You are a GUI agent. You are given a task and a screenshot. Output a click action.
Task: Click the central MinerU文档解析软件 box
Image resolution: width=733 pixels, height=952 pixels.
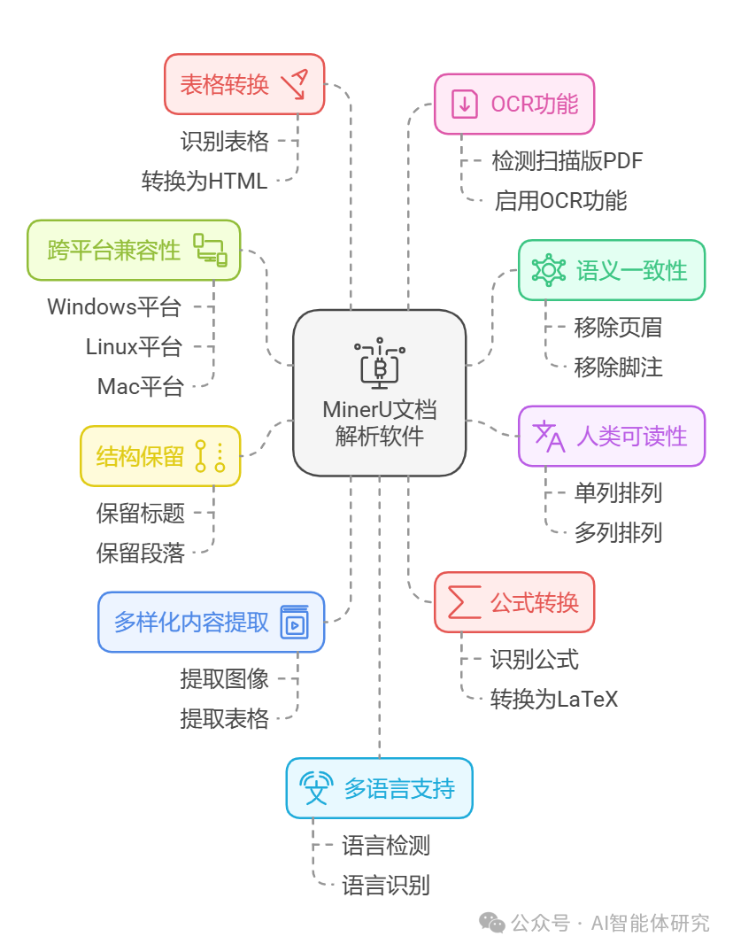tap(379, 392)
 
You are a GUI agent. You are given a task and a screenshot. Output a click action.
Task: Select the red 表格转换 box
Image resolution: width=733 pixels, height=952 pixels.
tap(244, 84)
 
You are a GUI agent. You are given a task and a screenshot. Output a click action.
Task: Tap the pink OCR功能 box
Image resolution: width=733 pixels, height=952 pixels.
tap(513, 104)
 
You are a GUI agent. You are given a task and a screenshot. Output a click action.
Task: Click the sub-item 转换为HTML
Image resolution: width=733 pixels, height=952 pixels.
tap(204, 181)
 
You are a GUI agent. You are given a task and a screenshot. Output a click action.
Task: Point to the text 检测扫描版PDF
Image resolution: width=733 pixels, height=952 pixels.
tap(567, 160)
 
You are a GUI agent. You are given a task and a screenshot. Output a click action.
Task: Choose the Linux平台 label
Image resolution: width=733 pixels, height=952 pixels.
tap(134, 346)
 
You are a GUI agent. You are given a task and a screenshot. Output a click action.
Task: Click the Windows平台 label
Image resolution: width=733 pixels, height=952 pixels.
tap(114, 306)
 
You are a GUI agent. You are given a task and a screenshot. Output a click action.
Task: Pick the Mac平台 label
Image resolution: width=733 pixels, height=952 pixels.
tap(141, 386)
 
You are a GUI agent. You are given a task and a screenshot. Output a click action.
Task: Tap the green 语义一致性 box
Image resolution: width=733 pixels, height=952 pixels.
tap(611, 270)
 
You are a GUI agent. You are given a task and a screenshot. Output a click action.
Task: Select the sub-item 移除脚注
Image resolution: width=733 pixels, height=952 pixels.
tap(618, 367)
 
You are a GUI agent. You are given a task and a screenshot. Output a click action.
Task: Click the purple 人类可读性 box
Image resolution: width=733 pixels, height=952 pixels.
tap(611, 436)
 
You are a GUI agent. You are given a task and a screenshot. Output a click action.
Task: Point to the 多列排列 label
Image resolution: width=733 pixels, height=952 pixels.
tap(618, 532)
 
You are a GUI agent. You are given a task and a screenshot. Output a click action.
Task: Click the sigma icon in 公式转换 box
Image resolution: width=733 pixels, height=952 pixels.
tap(465, 602)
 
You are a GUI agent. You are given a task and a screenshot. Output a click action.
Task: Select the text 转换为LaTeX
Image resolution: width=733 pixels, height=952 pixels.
tap(554, 699)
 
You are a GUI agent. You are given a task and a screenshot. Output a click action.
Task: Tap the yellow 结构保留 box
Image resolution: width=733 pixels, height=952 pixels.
tap(160, 456)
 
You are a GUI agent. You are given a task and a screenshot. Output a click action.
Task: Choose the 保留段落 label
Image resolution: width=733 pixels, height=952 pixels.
tap(141, 553)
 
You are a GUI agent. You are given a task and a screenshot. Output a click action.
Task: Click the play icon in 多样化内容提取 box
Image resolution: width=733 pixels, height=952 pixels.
tap(294, 623)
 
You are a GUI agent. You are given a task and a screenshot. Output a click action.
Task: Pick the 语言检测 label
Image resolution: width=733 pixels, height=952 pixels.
tap(386, 845)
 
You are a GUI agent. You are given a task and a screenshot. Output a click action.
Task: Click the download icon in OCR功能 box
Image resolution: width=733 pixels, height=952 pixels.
tap(465, 104)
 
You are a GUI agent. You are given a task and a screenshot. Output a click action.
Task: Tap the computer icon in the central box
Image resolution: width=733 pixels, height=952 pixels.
tap(379, 362)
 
